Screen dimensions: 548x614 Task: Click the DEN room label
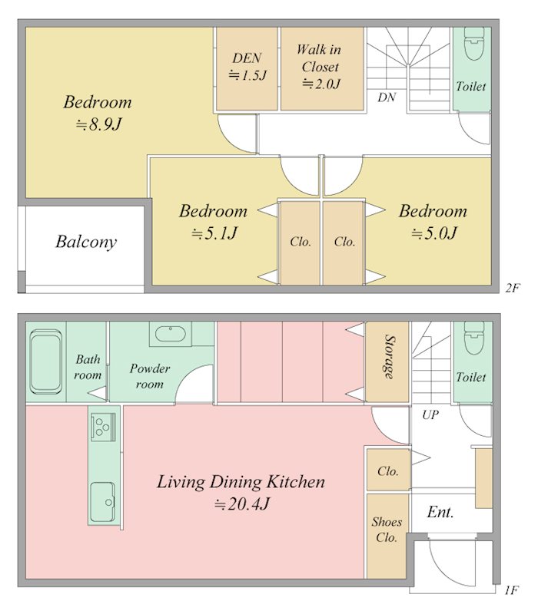tap(247, 58)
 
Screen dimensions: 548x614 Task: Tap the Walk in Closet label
tap(319, 58)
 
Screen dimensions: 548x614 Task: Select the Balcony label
tap(86, 242)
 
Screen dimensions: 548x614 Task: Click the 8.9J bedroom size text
tap(99, 124)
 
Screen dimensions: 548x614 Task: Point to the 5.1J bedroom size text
tap(214, 233)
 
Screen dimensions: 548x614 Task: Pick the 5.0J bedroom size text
tap(434, 233)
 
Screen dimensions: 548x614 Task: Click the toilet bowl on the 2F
tap(474, 43)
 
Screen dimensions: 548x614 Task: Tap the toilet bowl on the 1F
tap(474, 338)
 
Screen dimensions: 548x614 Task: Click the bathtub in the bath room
tap(46, 361)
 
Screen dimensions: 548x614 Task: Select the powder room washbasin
tap(171, 334)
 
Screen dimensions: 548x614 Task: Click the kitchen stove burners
tap(103, 426)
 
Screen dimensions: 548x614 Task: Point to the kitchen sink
tap(103, 502)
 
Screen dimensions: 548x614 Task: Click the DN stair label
tap(387, 97)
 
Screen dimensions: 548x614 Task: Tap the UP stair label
tap(430, 414)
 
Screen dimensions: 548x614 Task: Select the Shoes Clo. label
tap(387, 530)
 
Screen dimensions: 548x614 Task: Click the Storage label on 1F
tap(390, 356)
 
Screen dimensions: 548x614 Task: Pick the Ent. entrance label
tap(440, 512)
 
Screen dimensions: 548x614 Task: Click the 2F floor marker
tap(513, 289)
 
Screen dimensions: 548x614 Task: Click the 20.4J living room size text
tap(242, 504)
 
